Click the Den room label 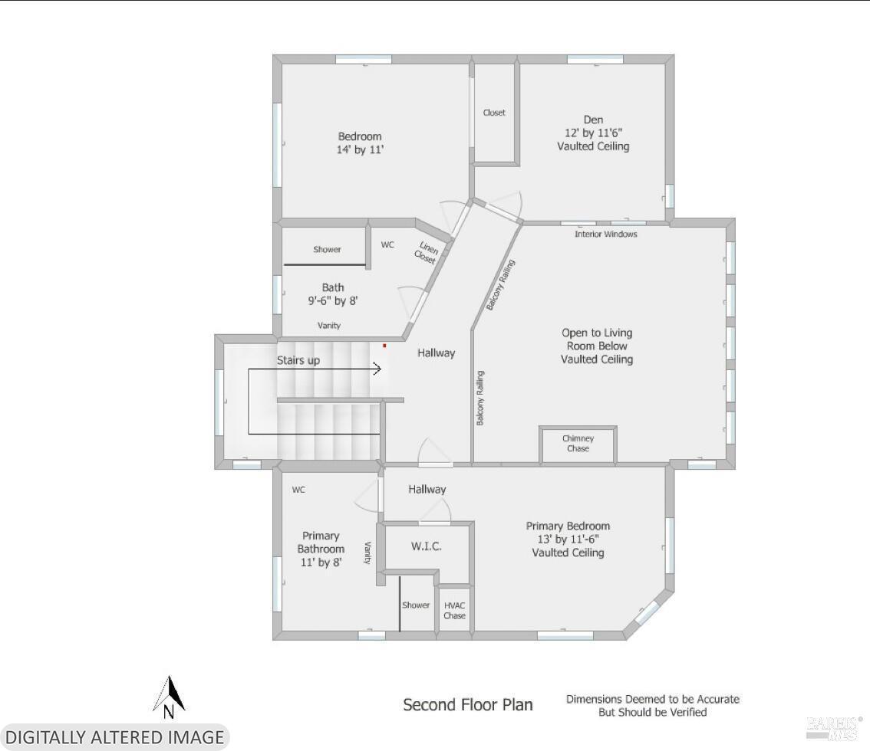point(593,120)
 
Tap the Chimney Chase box point(578,444)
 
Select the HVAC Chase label point(454,611)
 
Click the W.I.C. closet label point(426,546)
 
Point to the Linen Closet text point(427,252)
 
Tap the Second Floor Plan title point(468,705)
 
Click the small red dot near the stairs point(384,346)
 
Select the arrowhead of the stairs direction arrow point(377,369)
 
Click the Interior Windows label point(606,234)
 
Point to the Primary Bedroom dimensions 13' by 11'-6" point(568,539)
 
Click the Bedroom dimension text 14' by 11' point(360,149)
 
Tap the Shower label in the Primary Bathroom point(416,605)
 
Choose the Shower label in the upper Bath point(327,249)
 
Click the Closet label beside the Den point(494,113)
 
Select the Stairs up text point(298,361)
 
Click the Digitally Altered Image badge point(115,737)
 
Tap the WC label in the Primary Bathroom point(298,490)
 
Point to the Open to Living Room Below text point(596,339)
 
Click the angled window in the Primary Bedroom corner point(647,613)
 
